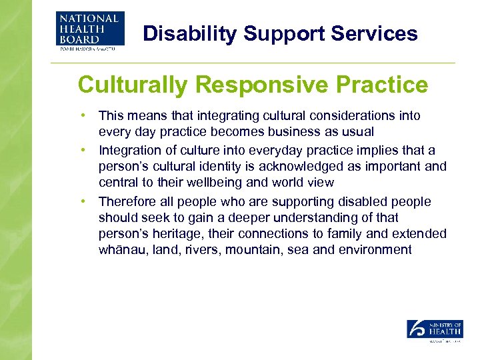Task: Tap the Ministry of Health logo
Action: pos(434,331)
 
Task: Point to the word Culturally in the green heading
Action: pos(134,85)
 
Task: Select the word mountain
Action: pos(255,251)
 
